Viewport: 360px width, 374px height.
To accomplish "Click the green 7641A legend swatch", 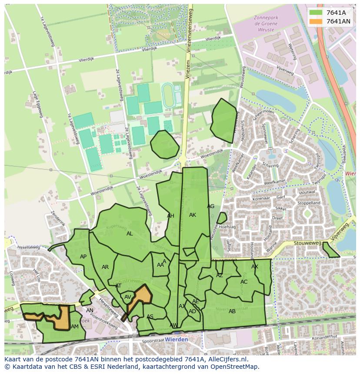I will pyautogui.click(x=317, y=13).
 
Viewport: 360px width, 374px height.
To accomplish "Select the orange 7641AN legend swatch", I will pyautogui.click(x=317, y=21).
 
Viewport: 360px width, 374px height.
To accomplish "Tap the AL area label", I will pyautogui.click(x=130, y=234).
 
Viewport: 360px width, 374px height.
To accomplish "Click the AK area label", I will pyautogui.click(x=193, y=215).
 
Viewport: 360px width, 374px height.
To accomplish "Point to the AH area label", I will pyautogui.click(x=170, y=216).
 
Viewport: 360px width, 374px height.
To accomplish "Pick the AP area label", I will pyautogui.click(x=83, y=257).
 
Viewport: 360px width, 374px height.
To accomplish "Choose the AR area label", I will pyautogui.click(x=105, y=267).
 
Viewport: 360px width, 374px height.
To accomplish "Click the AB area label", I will pyautogui.click(x=232, y=311).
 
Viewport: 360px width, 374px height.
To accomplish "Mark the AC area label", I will pyautogui.click(x=244, y=282).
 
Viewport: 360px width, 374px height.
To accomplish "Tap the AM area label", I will pyautogui.click(x=75, y=327).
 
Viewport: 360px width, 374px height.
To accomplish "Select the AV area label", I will pyautogui.click(x=128, y=297).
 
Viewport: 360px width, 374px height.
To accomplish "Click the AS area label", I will pyautogui.click(x=150, y=317).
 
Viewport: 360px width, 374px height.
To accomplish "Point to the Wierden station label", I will pyautogui.click(x=177, y=339).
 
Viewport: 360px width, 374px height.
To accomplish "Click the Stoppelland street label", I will pyautogui.click(x=308, y=203).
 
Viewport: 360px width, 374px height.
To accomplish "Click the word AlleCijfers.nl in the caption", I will pyautogui.click(x=227, y=359).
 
